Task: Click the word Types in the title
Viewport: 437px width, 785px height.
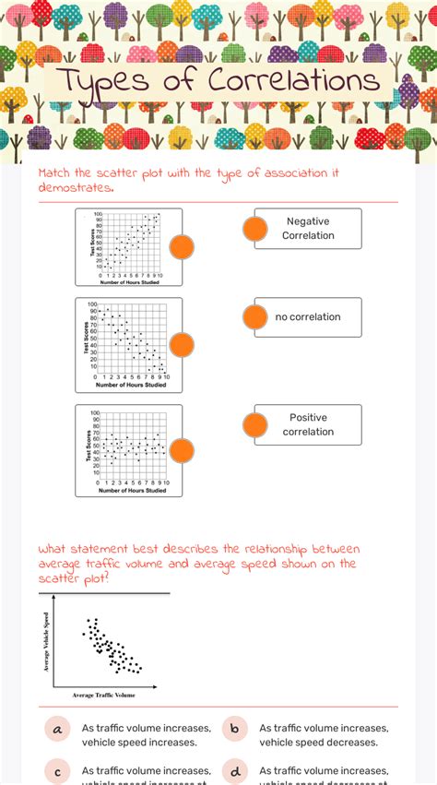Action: point(100,81)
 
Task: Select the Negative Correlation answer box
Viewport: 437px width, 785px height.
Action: point(308,228)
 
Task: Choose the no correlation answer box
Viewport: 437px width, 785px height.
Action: point(308,316)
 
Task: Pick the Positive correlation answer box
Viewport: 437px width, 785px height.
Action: point(308,424)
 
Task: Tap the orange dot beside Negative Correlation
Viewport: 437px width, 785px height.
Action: point(254,230)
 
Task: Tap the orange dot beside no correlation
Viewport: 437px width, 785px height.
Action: point(254,317)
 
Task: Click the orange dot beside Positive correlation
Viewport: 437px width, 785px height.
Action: point(254,425)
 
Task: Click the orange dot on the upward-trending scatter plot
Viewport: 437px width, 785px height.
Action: point(182,247)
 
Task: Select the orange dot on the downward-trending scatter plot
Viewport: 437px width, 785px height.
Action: point(182,344)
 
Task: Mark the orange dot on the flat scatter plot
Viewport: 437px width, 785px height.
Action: point(182,451)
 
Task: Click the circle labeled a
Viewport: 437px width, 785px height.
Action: point(57,730)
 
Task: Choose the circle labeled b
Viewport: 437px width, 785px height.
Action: point(234,730)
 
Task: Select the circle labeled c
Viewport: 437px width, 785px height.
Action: point(57,771)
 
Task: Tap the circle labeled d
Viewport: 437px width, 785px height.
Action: point(234,771)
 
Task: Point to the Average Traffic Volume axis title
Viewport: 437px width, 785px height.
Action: point(103,695)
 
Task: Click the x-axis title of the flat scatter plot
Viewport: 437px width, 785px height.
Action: point(132,490)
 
